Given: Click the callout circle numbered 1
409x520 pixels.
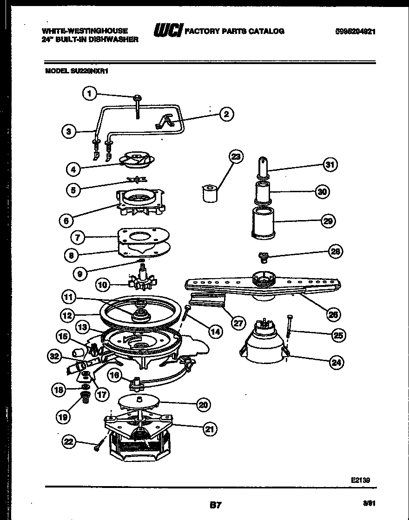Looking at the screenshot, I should (x=90, y=94).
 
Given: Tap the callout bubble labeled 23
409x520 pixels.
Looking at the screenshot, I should (x=236, y=157).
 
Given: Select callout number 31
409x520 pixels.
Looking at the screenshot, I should (x=330, y=164).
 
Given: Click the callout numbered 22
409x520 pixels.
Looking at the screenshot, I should (x=69, y=442).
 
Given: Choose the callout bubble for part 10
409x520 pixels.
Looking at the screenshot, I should (x=103, y=284).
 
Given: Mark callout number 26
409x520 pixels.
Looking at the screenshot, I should (x=332, y=314).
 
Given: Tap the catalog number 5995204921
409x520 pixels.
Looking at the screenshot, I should (x=355, y=32).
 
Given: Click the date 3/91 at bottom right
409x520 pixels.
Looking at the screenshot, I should (x=369, y=502).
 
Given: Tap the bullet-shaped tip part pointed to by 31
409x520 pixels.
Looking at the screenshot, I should (x=263, y=168).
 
